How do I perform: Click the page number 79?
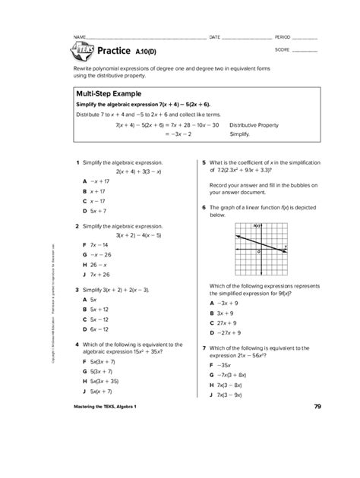[316, 408]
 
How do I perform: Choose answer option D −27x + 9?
[227, 332]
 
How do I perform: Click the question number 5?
[204, 162]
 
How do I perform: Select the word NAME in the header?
[78, 36]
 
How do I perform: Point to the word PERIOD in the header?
[282, 36]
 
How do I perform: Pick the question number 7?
[204, 347]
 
